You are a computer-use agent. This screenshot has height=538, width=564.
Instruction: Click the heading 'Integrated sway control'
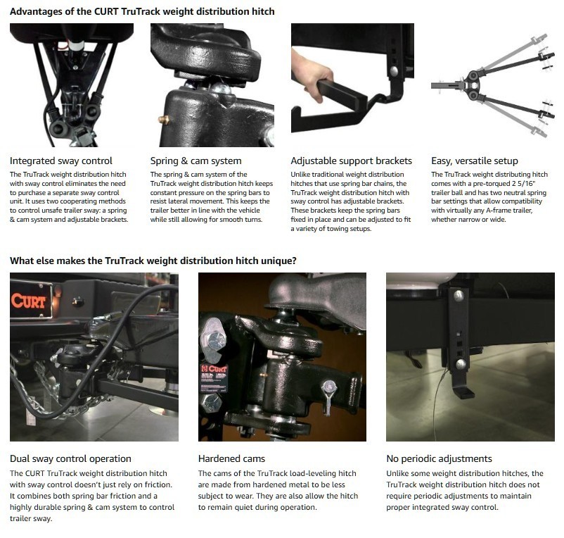point(60,161)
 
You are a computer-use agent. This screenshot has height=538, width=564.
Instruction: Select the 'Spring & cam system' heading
point(196,161)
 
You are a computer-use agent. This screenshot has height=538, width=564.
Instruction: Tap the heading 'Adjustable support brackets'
point(351,161)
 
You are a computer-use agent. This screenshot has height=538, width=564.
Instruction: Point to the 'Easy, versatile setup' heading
point(475,161)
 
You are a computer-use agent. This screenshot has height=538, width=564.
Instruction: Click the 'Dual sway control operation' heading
point(70,458)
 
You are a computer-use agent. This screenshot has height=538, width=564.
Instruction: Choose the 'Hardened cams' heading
point(231,458)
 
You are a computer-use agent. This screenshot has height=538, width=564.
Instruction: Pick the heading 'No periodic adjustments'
point(439,458)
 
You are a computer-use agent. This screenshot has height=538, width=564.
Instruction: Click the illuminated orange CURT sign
point(29,300)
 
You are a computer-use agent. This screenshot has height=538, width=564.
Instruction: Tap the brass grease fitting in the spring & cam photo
point(164,120)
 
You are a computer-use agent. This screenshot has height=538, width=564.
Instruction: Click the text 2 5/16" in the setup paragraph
point(524,184)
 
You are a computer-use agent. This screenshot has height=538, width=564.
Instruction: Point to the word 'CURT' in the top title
point(106,11)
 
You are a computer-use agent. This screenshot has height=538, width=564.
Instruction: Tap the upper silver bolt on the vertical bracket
point(459,296)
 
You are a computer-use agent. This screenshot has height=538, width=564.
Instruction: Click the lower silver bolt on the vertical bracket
point(461,363)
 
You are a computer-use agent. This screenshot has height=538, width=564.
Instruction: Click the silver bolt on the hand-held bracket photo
point(395,71)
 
